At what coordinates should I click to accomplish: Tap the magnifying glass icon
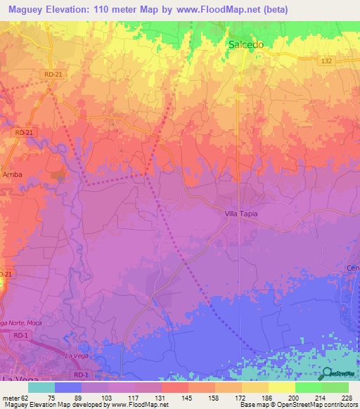(x=326, y=373)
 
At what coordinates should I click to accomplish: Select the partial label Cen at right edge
(x=353, y=268)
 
